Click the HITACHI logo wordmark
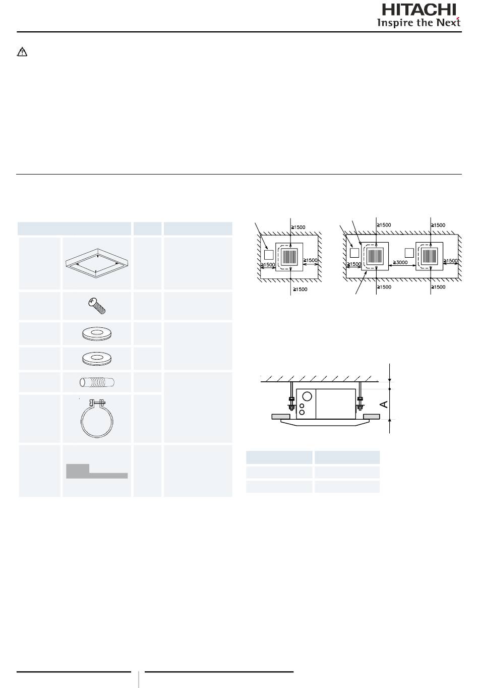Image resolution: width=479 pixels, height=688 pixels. click(x=419, y=10)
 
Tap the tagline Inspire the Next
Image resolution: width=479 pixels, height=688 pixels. click(x=419, y=22)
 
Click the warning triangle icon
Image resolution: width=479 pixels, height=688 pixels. click(x=22, y=52)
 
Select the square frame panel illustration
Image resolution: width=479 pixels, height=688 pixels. click(x=97, y=263)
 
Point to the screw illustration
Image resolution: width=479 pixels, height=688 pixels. click(x=97, y=306)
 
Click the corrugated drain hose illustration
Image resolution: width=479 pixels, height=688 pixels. click(x=97, y=382)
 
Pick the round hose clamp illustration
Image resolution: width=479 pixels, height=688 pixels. click(x=97, y=418)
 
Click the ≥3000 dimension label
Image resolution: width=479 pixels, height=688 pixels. click(x=400, y=262)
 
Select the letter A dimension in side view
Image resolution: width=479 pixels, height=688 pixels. click(x=384, y=404)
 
